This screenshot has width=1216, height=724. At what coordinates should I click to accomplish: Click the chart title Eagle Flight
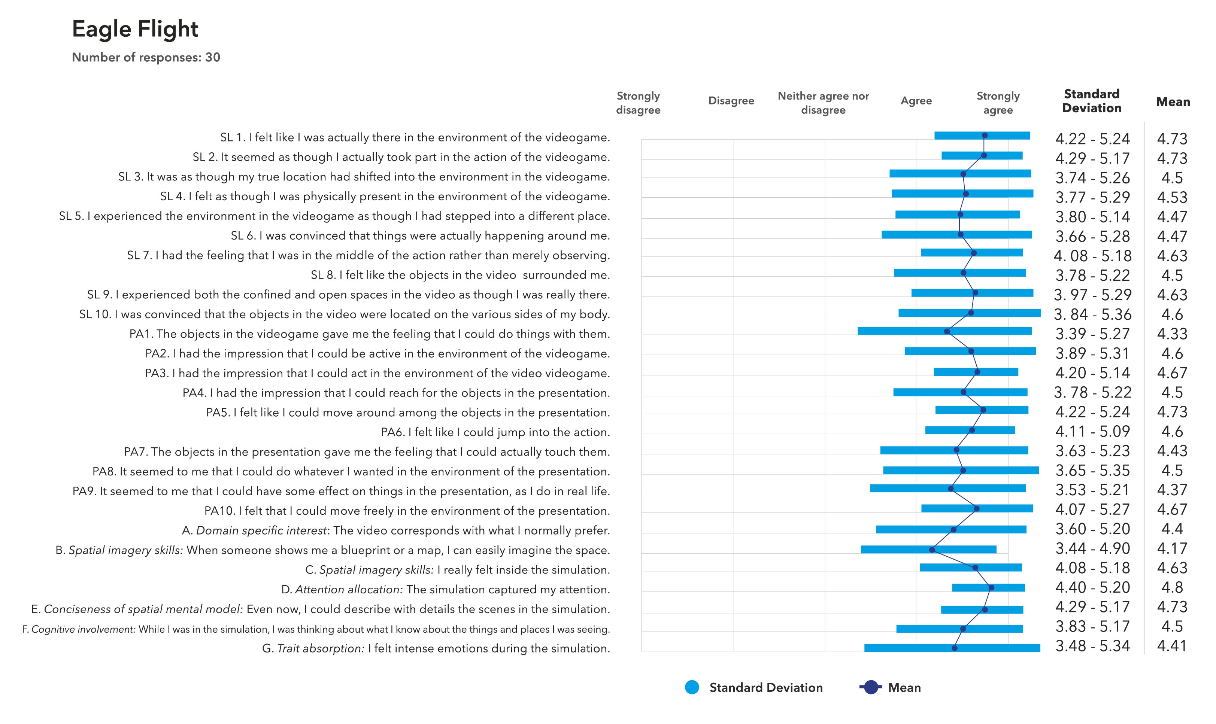(135, 29)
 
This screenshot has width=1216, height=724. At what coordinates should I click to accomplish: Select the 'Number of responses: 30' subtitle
(146, 58)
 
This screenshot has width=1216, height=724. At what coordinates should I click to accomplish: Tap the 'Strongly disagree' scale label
(638, 103)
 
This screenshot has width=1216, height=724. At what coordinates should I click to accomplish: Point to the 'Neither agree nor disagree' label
(823, 103)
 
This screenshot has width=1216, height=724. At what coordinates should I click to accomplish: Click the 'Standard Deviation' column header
(1092, 101)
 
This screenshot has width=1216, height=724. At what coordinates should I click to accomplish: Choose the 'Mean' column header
(1173, 102)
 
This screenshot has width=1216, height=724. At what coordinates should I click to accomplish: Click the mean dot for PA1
(947, 332)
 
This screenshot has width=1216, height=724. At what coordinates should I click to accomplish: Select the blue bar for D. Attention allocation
(988, 588)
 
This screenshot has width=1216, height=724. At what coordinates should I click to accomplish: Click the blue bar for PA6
(970, 430)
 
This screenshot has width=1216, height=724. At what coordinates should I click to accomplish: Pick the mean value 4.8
(1172, 587)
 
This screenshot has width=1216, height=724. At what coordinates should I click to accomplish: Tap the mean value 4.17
(1172, 548)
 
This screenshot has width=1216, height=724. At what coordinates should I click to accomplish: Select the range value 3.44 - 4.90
(1092, 548)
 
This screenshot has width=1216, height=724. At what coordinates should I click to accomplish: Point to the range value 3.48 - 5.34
(1092, 646)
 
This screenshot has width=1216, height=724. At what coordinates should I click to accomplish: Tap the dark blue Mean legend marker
(870, 687)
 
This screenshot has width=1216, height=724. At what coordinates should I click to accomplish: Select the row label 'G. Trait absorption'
(436, 648)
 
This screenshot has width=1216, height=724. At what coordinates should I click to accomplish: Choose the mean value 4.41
(1172, 646)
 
